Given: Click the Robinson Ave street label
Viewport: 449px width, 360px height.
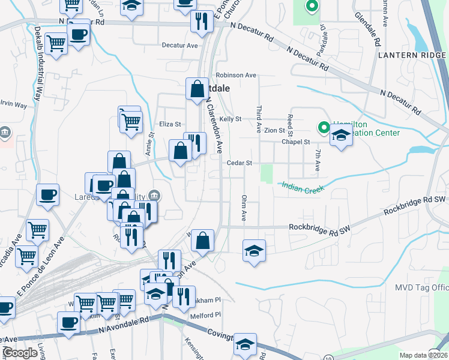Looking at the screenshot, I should pyautogui.click(x=237, y=76).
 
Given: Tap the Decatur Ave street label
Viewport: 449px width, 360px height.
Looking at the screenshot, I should pyautogui.click(x=179, y=45).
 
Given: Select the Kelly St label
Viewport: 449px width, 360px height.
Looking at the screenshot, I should pyautogui.click(x=230, y=119).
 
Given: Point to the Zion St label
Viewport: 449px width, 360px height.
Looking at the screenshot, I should pyautogui.click(x=274, y=130).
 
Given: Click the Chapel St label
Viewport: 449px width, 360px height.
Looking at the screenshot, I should pyautogui.click(x=295, y=142).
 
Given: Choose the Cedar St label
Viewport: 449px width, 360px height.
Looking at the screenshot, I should pyautogui.click(x=239, y=163).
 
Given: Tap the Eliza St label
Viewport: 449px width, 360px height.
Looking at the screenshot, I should pyautogui.click(x=170, y=124).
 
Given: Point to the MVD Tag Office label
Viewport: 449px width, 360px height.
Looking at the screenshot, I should pyautogui.click(x=421, y=288).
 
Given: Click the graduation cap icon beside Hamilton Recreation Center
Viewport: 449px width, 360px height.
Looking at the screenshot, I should pyautogui.click(x=341, y=136).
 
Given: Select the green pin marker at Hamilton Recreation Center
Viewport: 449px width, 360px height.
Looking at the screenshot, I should pyautogui.click(x=323, y=127).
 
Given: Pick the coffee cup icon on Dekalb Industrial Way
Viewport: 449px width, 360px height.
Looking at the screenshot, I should pyautogui.click(x=48, y=194).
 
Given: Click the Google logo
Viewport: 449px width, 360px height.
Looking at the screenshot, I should pyautogui.click(x=20, y=353).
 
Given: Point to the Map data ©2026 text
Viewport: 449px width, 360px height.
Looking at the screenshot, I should pyautogui.click(x=423, y=355).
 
